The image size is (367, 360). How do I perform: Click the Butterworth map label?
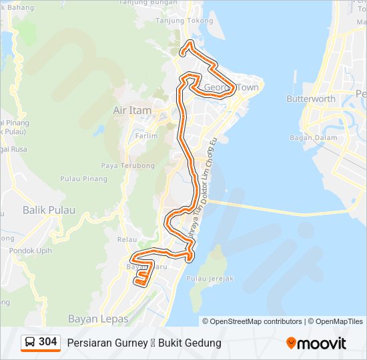(x=310, y=99)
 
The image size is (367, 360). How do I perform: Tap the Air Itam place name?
(x=132, y=110)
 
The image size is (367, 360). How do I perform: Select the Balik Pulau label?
(x=49, y=210)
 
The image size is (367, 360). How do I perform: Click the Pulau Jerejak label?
(x=210, y=279)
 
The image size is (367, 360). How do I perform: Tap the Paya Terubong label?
(x=127, y=165)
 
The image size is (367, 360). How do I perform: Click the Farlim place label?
(x=146, y=136)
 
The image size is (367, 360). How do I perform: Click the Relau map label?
(x=127, y=239)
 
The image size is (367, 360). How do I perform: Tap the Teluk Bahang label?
(x=16, y=6)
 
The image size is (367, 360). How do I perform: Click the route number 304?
(x=47, y=342)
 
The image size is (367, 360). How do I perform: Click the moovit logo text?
(x=322, y=343)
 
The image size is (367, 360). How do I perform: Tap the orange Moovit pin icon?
(x=291, y=343)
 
